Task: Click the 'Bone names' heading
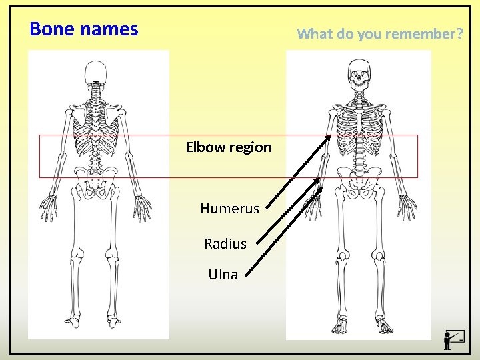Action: [84, 29]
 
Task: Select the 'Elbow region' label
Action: [228, 147]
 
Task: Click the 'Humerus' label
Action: [229, 209]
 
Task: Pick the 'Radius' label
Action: [225, 244]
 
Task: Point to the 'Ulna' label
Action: [223, 274]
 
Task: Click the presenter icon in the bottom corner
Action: [454, 339]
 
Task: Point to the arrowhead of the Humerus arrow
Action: [330, 136]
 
